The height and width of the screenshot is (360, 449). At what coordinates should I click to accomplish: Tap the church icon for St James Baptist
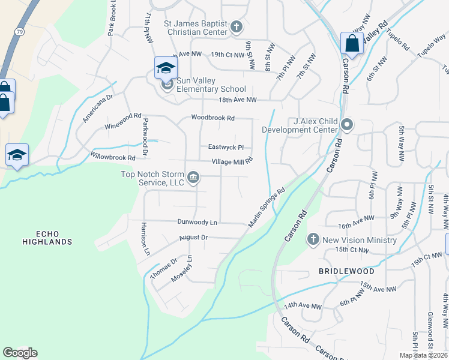click(237, 27)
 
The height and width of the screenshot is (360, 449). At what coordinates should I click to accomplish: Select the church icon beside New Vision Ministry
click(313, 240)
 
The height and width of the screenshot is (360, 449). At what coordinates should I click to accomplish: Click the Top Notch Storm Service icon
click(193, 176)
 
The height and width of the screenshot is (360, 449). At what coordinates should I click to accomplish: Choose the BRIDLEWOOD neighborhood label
click(346, 271)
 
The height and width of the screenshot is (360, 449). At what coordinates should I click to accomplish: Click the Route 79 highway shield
click(20, 31)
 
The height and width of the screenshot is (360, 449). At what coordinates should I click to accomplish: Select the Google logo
click(20, 353)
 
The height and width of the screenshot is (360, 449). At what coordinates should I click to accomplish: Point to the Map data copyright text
click(421, 355)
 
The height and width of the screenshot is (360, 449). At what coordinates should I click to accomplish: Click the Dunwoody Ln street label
click(197, 222)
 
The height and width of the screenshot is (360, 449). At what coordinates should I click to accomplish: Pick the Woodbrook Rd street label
click(212, 118)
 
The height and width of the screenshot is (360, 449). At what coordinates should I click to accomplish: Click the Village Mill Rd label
click(232, 161)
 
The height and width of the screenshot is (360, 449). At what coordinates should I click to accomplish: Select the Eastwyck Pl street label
click(226, 147)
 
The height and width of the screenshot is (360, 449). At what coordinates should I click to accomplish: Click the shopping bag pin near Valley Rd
click(351, 44)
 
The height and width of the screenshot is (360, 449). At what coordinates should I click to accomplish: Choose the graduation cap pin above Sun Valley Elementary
click(166, 68)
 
